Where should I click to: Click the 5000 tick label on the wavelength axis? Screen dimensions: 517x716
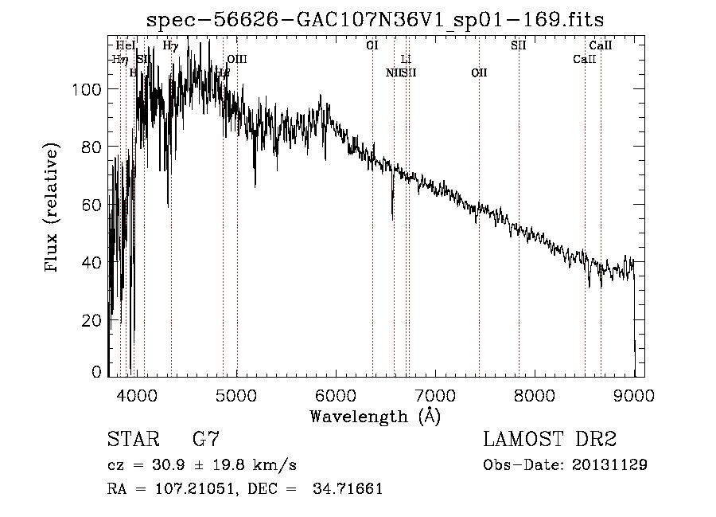(x=235, y=394)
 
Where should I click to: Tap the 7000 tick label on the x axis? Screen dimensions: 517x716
(x=435, y=394)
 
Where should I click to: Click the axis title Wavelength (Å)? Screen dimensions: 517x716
(x=375, y=416)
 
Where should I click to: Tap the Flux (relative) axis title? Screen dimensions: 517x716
(x=53, y=209)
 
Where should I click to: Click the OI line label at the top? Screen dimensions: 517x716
(x=372, y=45)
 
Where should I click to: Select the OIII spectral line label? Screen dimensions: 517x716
(x=237, y=59)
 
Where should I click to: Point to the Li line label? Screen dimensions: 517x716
(x=406, y=59)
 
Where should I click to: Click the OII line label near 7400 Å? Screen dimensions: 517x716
(x=479, y=73)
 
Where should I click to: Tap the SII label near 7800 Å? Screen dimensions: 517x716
(x=518, y=45)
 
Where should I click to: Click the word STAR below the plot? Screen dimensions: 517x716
(x=130, y=439)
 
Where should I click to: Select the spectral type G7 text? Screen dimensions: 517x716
(x=206, y=439)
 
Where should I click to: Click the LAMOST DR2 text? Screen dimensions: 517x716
(x=550, y=439)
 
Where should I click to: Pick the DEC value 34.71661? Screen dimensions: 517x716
(x=349, y=489)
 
